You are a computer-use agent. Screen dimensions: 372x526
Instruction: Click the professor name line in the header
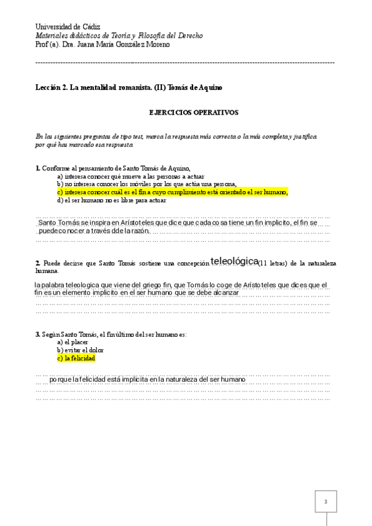click(102, 45)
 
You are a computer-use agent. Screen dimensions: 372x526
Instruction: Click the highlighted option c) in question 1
click(172, 192)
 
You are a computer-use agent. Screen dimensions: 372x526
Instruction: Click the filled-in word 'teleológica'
click(234, 261)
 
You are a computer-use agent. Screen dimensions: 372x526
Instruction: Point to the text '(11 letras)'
click(272, 263)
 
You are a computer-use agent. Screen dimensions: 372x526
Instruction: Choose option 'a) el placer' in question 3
click(73, 342)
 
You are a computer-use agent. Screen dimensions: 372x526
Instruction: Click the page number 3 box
click(325, 502)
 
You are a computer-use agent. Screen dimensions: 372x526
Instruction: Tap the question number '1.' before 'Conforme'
click(38, 168)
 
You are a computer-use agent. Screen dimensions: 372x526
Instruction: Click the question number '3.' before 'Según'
click(38, 334)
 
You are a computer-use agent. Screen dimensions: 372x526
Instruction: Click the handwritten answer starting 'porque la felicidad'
click(147, 379)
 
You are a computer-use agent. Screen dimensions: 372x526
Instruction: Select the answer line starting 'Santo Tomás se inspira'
click(178, 222)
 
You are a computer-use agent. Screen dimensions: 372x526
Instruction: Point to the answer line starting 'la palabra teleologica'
click(180, 285)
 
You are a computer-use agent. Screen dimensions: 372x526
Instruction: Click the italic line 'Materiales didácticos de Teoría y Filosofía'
click(119, 36)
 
